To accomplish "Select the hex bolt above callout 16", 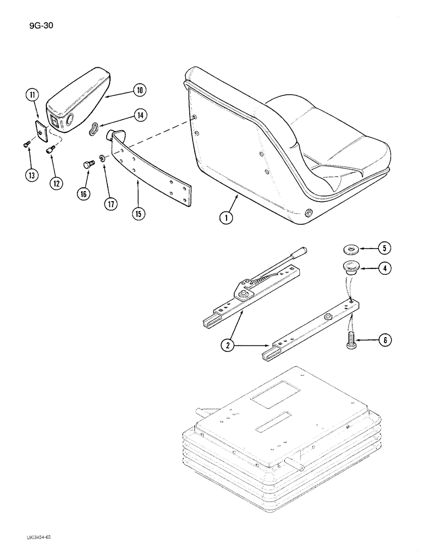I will [x=87, y=164].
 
